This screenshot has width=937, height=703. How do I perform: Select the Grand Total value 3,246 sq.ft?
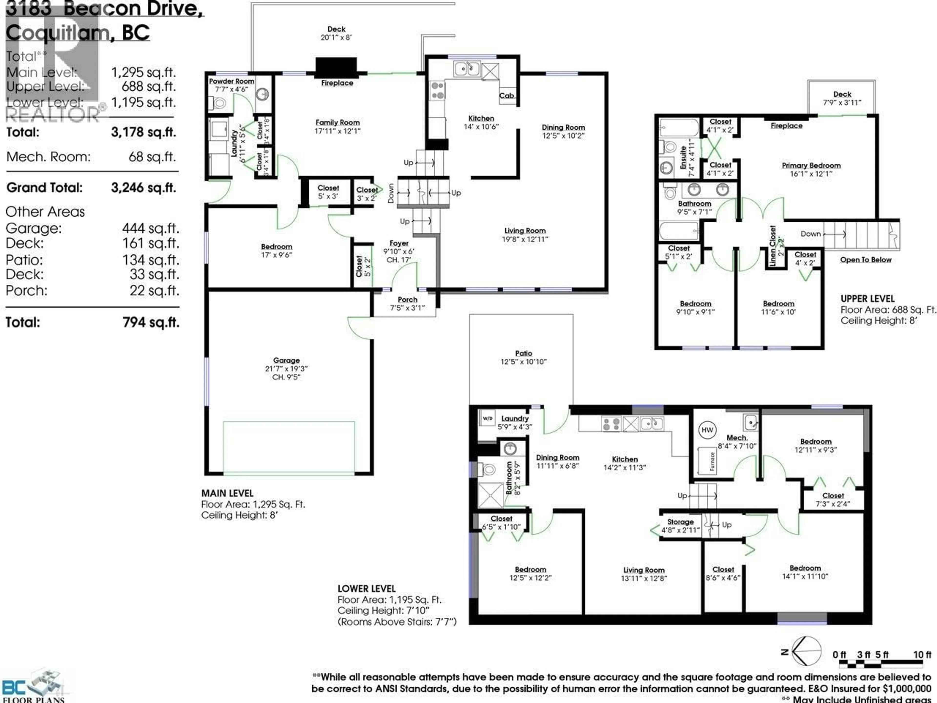pyautogui.click(x=143, y=188)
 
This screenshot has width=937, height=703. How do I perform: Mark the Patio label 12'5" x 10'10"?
pyautogui.click(x=524, y=357)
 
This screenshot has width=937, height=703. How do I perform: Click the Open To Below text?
pyautogui.click(x=866, y=260)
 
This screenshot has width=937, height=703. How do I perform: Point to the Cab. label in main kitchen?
pyautogui.click(x=507, y=96)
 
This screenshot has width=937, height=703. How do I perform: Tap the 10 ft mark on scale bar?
pyautogui.click(x=922, y=655)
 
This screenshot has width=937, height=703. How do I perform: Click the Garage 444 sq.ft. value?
pyautogui.click(x=150, y=228)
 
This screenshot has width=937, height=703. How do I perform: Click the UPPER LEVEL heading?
pyautogui.click(x=867, y=299)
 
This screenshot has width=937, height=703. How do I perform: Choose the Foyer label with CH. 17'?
pyautogui.click(x=399, y=251)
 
